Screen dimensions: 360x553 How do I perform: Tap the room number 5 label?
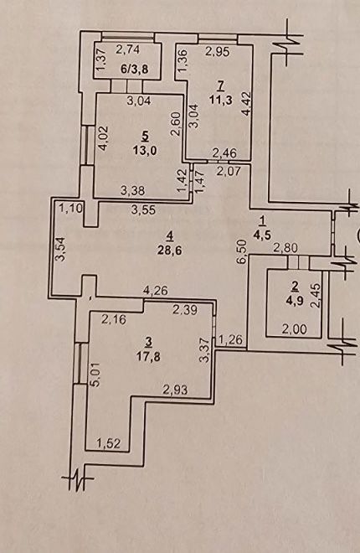click(145, 135)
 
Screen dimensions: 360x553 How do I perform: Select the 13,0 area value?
click(145, 150)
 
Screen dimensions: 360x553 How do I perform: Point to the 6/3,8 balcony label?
click(135, 69)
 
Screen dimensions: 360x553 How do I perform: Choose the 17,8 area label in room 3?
click(149, 357)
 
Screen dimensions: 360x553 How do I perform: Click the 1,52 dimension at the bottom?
click(108, 443)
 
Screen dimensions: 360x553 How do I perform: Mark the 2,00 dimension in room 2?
click(295, 330)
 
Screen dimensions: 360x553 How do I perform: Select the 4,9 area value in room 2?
click(296, 302)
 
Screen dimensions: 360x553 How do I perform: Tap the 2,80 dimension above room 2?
click(286, 248)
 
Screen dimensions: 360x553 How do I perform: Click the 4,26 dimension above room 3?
click(155, 291)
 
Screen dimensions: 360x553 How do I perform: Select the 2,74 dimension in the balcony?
click(127, 49)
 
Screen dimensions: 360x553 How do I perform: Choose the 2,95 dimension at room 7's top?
click(218, 52)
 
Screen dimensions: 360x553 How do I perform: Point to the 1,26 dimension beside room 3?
click(231, 340)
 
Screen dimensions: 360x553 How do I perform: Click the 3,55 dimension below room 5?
click(143, 210)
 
